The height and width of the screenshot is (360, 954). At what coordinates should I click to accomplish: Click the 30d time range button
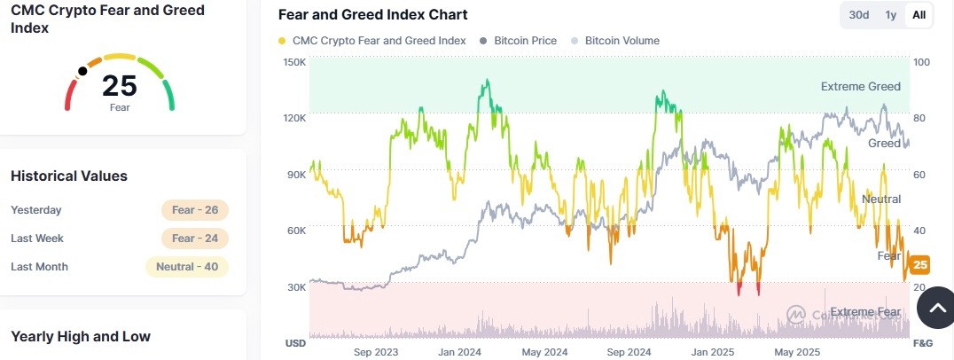click(x=859, y=15)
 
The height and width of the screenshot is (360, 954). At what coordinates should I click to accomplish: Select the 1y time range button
click(x=890, y=15)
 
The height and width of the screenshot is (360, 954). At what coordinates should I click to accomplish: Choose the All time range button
click(x=919, y=15)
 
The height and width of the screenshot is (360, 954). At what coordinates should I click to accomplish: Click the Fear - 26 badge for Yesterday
click(x=195, y=210)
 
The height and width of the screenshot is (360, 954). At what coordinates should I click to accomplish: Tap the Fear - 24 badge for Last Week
click(x=195, y=239)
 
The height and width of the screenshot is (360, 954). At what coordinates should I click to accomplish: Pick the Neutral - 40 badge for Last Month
click(x=187, y=267)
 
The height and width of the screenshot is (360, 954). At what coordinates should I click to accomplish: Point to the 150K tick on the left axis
click(x=294, y=62)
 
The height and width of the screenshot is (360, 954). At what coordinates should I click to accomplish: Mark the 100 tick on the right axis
click(x=921, y=62)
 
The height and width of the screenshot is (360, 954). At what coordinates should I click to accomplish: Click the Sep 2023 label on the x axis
click(x=375, y=352)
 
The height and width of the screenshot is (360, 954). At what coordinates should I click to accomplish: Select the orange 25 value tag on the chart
click(x=920, y=264)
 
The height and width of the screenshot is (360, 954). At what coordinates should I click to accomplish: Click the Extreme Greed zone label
click(x=860, y=87)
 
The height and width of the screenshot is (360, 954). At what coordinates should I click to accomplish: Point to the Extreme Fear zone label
click(x=864, y=312)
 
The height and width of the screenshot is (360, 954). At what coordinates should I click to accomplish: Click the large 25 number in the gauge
click(x=120, y=86)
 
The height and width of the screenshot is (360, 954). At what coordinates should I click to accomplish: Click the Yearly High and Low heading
click(x=81, y=336)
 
